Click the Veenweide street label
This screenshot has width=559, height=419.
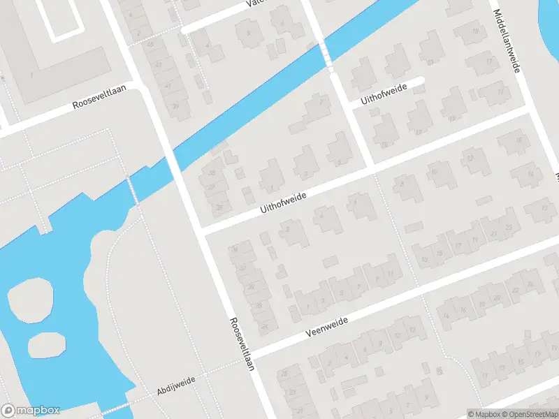coord(326,326)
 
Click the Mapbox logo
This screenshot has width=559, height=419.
coord(31,411)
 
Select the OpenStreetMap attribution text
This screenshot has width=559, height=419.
coord(530,414)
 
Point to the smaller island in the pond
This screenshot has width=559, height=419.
coord(47,344)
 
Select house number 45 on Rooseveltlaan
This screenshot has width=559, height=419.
coord(150,44)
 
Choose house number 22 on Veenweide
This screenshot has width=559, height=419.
coord(516,291)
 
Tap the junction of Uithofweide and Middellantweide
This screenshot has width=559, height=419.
coord(530,110)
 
